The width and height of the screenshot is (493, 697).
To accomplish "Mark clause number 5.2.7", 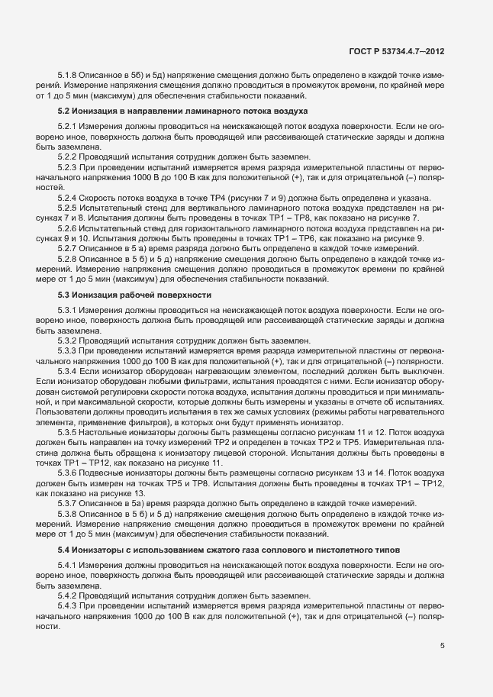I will pos(69,249).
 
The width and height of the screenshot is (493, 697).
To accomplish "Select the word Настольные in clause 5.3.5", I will pos(109,432).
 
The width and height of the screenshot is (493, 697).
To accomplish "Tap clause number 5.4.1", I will pos(69,565).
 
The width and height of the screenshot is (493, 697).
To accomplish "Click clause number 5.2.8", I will pos(69,259).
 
